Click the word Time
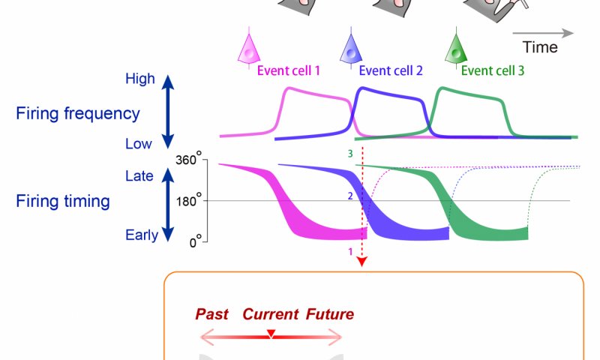click(540, 48)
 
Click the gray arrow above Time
click(544, 33)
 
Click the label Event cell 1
click(289, 71)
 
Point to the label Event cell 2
click(391, 71)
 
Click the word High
click(140, 79)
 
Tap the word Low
click(140, 143)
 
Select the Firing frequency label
click(78, 114)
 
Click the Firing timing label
click(63, 202)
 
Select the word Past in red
click(211, 314)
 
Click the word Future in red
click(329, 314)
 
